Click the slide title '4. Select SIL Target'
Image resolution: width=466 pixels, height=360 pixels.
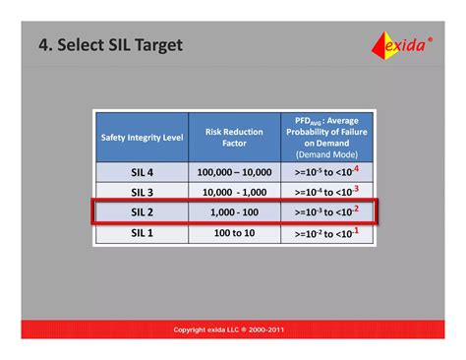(x=110, y=45)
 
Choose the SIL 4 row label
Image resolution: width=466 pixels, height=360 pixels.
(x=141, y=171)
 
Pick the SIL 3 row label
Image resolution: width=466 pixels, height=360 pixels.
(x=141, y=191)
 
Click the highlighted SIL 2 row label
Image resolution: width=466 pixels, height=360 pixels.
(x=141, y=211)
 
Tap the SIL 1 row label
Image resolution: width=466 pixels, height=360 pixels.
(x=141, y=232)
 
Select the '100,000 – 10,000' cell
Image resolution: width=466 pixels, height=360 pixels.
(x=234, y=171)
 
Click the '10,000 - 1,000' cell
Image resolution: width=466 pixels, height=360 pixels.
(x=234, y=191)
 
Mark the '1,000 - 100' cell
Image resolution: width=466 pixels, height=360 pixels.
(x=234, y=211)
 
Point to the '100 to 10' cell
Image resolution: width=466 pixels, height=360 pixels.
(x=234, y=232)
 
